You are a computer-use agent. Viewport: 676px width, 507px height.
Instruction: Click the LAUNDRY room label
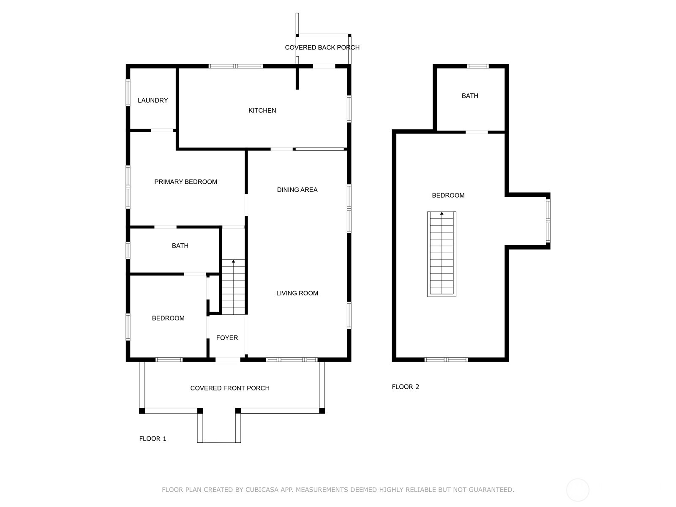point(153,100)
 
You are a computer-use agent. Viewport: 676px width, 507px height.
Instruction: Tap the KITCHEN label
point(262,110)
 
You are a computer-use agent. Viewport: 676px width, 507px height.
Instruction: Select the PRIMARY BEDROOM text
point(185,182)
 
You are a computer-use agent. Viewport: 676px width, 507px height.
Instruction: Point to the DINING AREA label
point(297,190)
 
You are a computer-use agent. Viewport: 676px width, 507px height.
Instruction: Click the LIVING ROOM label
point(297,293)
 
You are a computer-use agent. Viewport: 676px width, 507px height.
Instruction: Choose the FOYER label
point(227,338)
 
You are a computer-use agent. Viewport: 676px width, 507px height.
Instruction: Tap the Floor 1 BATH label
point(180,245)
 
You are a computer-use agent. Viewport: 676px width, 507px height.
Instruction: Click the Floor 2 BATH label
point(470,96)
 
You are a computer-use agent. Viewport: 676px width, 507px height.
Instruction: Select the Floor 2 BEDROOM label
point(448,195)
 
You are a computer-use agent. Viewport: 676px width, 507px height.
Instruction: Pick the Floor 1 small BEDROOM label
point(168,318)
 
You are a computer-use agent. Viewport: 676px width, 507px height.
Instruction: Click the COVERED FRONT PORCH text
point(230,388)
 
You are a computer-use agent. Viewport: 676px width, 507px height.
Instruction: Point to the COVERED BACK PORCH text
point(322,47)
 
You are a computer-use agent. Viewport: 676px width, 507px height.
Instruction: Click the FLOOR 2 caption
point(405,387)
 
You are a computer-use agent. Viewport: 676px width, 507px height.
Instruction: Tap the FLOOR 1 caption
point(153,439)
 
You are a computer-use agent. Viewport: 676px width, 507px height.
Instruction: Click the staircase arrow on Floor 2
point(442,214)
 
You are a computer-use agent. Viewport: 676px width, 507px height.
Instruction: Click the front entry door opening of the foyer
point(228,360)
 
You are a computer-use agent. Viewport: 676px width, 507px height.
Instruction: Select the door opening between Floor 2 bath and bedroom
point(477,132)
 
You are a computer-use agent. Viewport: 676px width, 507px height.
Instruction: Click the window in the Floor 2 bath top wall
point(478,66)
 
